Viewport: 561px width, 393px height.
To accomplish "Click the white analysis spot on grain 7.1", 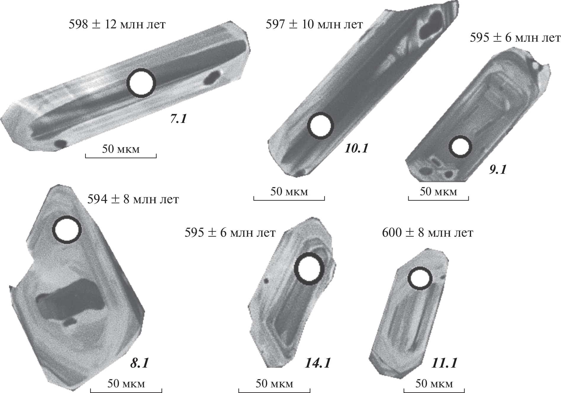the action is [x=141, y=83].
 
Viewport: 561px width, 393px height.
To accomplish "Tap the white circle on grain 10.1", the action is [x=320, y=126].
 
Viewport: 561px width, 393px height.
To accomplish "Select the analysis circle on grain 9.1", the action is [x=460, y=147].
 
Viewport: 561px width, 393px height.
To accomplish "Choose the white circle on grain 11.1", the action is [x=420, y=279].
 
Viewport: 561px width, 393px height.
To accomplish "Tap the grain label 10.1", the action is [x=357, y=148].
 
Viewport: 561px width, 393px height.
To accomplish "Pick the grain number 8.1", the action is [x=139, y=363].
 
